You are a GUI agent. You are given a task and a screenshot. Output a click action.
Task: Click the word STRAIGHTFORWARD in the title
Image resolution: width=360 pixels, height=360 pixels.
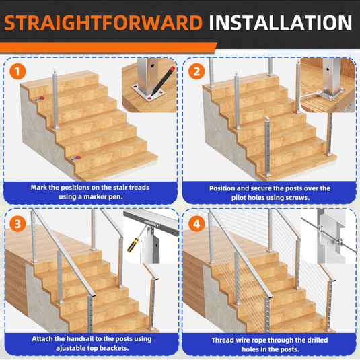coord(104,23)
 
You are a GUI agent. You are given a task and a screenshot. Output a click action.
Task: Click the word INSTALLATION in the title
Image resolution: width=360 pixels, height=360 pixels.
coord(281,23)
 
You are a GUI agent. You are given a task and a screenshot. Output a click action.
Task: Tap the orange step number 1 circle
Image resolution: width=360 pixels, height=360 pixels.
coord(17,71)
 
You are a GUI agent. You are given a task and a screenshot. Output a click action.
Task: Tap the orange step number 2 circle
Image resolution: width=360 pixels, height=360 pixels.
coord(196,71)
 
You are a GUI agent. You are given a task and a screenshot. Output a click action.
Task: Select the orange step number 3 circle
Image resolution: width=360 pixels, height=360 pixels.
coord(17,224)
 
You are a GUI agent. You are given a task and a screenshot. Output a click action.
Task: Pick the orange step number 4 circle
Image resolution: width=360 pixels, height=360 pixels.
coord(196,224)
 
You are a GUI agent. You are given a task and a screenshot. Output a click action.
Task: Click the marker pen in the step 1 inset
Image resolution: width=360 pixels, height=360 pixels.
coord(163,81)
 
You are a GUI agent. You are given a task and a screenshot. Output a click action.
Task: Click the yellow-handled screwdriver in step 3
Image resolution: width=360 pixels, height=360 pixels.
coord(137,240)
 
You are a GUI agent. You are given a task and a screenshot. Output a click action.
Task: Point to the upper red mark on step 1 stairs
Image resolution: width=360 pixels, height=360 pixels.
coord(42,98)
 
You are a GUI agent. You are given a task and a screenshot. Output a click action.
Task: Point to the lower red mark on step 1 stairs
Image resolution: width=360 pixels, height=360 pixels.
coord(78,157)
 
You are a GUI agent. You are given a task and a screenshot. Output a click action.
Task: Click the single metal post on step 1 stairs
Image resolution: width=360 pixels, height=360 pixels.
coord(55,99)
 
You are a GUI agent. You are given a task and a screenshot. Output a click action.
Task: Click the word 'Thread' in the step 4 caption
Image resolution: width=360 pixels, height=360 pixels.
coord(222,340)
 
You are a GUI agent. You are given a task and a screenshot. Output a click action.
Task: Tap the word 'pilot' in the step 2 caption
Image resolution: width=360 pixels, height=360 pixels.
coord(238,198)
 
